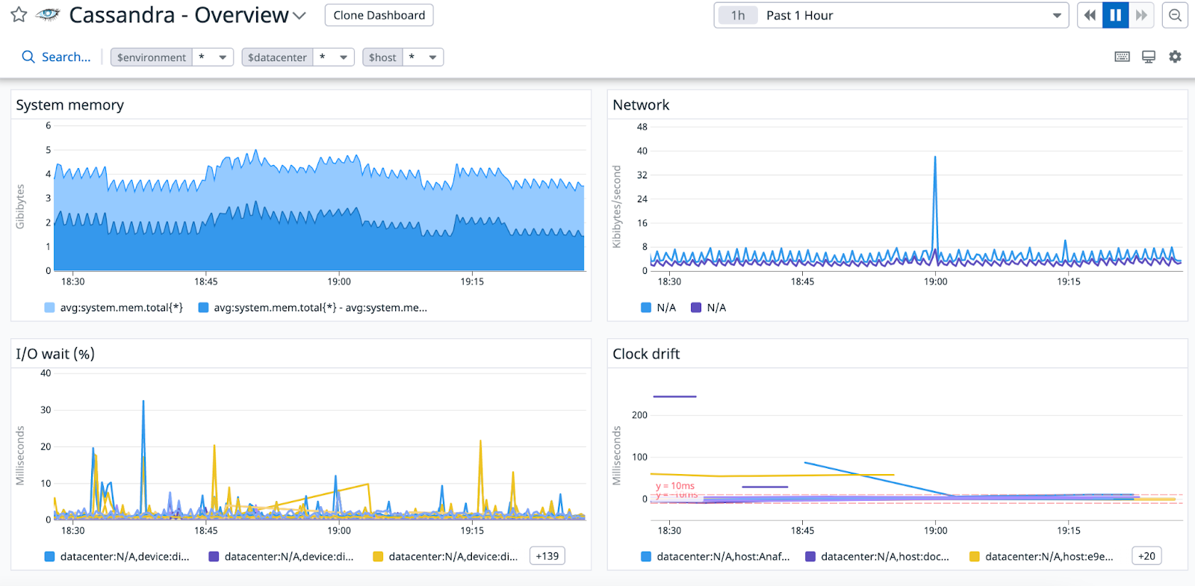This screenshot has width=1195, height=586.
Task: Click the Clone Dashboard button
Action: (379, 15)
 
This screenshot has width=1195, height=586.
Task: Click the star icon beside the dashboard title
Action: (19, 15)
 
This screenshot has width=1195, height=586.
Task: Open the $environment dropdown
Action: (222, 57)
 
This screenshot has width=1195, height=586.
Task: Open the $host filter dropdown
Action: (432, 57)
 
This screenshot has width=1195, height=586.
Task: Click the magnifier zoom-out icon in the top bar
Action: (1175, 15)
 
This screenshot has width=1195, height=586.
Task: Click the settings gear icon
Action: (1175, 57)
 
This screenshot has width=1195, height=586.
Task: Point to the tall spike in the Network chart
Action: (935, 159)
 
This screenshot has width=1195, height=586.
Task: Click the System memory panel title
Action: (70, 105)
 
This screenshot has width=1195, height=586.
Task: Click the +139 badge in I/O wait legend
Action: (547, 556)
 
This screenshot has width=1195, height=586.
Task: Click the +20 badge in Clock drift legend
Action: (1146, 556)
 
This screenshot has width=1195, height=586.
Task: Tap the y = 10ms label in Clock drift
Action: (675, 486)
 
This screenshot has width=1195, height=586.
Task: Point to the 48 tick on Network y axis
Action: (642, 127)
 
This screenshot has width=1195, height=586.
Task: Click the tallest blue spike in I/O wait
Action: (143, 403)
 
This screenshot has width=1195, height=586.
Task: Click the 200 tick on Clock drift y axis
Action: (639, 415)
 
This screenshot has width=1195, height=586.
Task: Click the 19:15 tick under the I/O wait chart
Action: (472, 531)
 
